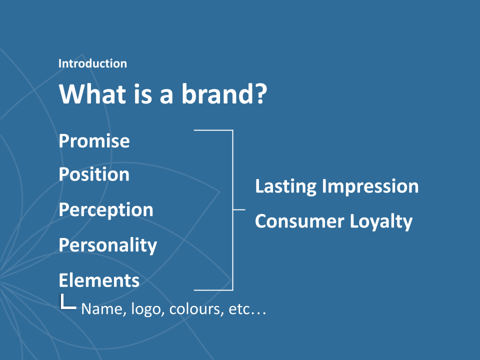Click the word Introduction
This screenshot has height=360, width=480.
pyautogui.click(x=92, y=63)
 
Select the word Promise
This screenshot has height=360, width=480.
pyautogui.click(x=94, y=141)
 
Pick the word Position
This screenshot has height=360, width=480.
pyautogui.click(x=94, y=174)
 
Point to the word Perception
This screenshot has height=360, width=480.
pyautogui.click(x=106, y=210)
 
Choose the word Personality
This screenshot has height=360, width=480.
pyautogui.click(x=108, y=245)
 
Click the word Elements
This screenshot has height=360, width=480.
pyautogui.click(x=99, y=280)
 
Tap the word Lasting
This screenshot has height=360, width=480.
pyautogui.click(x=285, y=186)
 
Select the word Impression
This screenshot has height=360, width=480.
pyautogui.click(x=370, y=186)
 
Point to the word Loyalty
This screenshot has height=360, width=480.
pyautogui.click(x=381, y=221)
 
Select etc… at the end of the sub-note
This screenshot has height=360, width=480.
pyautogui.click(x=247, y=309)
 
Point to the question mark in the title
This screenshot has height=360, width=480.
pyautogui.click(x=261, y=93)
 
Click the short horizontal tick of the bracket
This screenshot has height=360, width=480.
pyautogui.click(x=239, y=209)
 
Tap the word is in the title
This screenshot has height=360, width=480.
pyautogui.click(x=142, y=93)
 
